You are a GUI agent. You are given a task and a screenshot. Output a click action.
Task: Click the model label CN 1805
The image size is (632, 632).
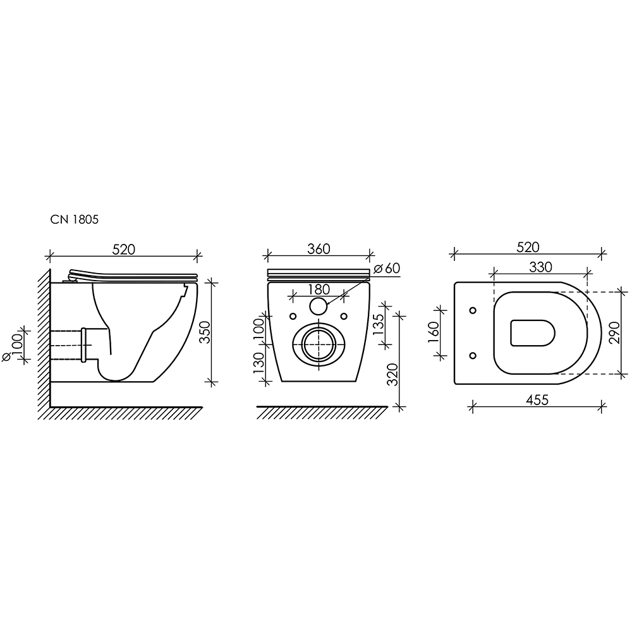[74, 220]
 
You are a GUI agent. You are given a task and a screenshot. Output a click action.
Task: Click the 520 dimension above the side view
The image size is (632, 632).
[124, 250]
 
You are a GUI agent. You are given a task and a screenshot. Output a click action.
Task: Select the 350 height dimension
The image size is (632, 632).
[205, 332]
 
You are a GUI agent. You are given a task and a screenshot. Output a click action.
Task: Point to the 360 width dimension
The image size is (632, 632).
[319, 249]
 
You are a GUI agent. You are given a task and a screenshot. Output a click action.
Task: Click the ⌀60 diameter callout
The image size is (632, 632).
[387, 268]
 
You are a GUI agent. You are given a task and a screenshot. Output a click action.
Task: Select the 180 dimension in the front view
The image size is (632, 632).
[319, 289]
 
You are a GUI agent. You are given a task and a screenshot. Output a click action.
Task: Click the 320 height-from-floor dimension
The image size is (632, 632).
[392, 374]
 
